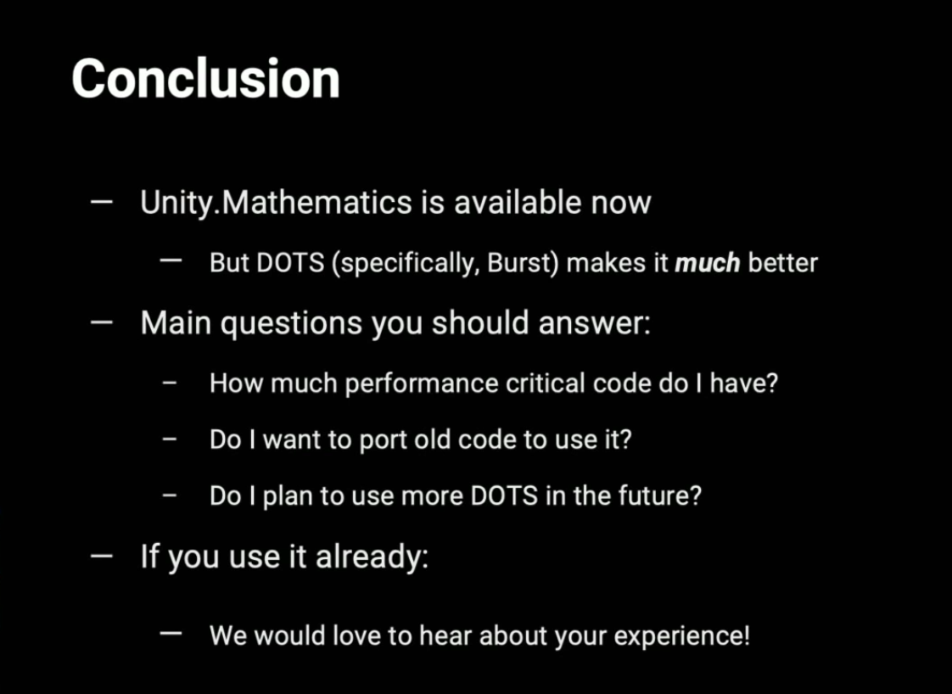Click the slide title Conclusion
pyautogui.click(x=205, y=78)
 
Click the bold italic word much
pyautogui.click(x=708, y=263)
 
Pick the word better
pyautogui.click(x=782, y=263)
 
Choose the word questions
pyautogui.click(x=291, y=323)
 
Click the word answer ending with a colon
pyautogui.click(x=595, y=322)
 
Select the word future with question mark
pyautogui.click(x=659, y=495)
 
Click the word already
pyautogui.click(x=372, y=557)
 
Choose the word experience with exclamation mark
pyautogui.click(x=682, y=636)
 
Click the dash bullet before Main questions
pyautogui.click(x=101, y=322)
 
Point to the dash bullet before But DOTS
pyautogui.click(x=171, y=260)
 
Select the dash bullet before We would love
pyautogui.click(x=171, y=634)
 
